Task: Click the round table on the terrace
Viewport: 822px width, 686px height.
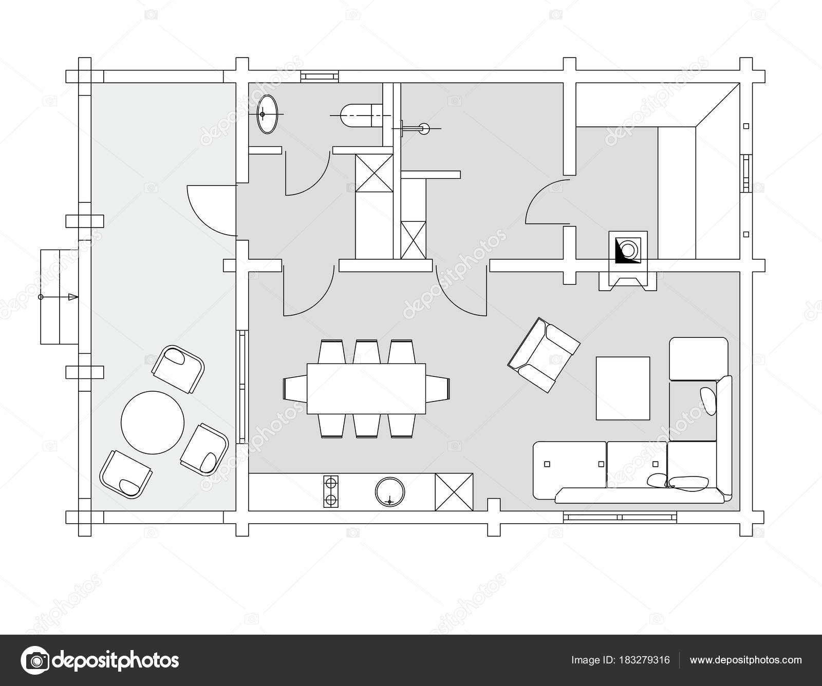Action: pos(153,422)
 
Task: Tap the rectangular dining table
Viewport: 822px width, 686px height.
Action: pos(367,389)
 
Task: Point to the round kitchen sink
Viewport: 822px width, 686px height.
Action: pos(390,492)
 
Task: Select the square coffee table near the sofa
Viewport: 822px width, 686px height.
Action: pos(623,388)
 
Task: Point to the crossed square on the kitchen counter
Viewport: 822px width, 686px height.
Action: pos(454,492)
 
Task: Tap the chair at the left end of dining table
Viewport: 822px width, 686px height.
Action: pos(295,389)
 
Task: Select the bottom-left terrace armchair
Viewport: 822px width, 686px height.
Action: pos(125,474)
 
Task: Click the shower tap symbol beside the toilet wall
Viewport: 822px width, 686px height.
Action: pos(416,128)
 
